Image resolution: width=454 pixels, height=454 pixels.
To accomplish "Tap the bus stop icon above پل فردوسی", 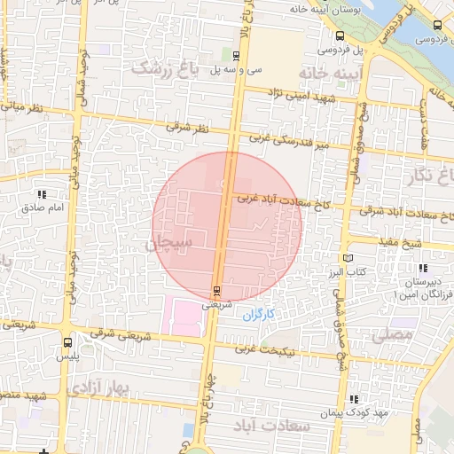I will (340, 35).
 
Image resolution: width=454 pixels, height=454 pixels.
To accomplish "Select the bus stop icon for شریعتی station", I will (217, 291).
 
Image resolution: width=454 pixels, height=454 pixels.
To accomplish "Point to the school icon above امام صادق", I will (41, 194).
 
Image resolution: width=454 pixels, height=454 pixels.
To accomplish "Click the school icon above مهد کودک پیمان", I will (355, 399).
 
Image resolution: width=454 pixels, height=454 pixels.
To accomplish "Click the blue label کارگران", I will (259, 314).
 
